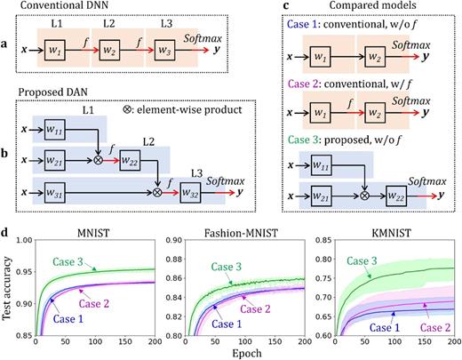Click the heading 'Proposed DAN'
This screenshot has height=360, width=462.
tap(52, 92)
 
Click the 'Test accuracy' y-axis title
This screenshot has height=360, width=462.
tap(8, 289)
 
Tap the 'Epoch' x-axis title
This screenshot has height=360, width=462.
tap(243, 353)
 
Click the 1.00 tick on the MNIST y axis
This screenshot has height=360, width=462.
tap(22, 240)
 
